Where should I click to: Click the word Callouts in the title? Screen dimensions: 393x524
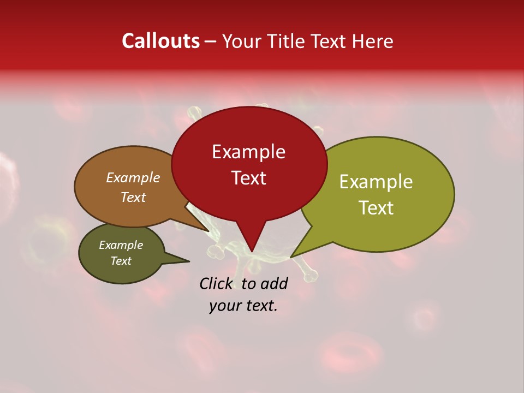(160, 41)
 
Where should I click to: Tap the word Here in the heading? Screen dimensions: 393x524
(373, 41)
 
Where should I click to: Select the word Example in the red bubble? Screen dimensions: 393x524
(248, 152)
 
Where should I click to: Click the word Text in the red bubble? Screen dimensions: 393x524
(248, 178)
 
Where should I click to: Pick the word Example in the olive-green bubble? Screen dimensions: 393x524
(376, 182)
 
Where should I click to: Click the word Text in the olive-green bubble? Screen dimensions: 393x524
(376, 208)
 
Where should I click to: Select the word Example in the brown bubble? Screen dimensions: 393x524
(133, 178)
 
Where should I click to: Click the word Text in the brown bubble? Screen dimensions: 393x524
(133, 198)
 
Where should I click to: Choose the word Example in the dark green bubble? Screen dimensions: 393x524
(121, 245)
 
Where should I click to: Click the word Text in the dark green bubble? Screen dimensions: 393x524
(121, 261)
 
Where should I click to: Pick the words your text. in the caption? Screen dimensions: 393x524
(243, 306)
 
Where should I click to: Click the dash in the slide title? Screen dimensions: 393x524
(211, 41)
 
